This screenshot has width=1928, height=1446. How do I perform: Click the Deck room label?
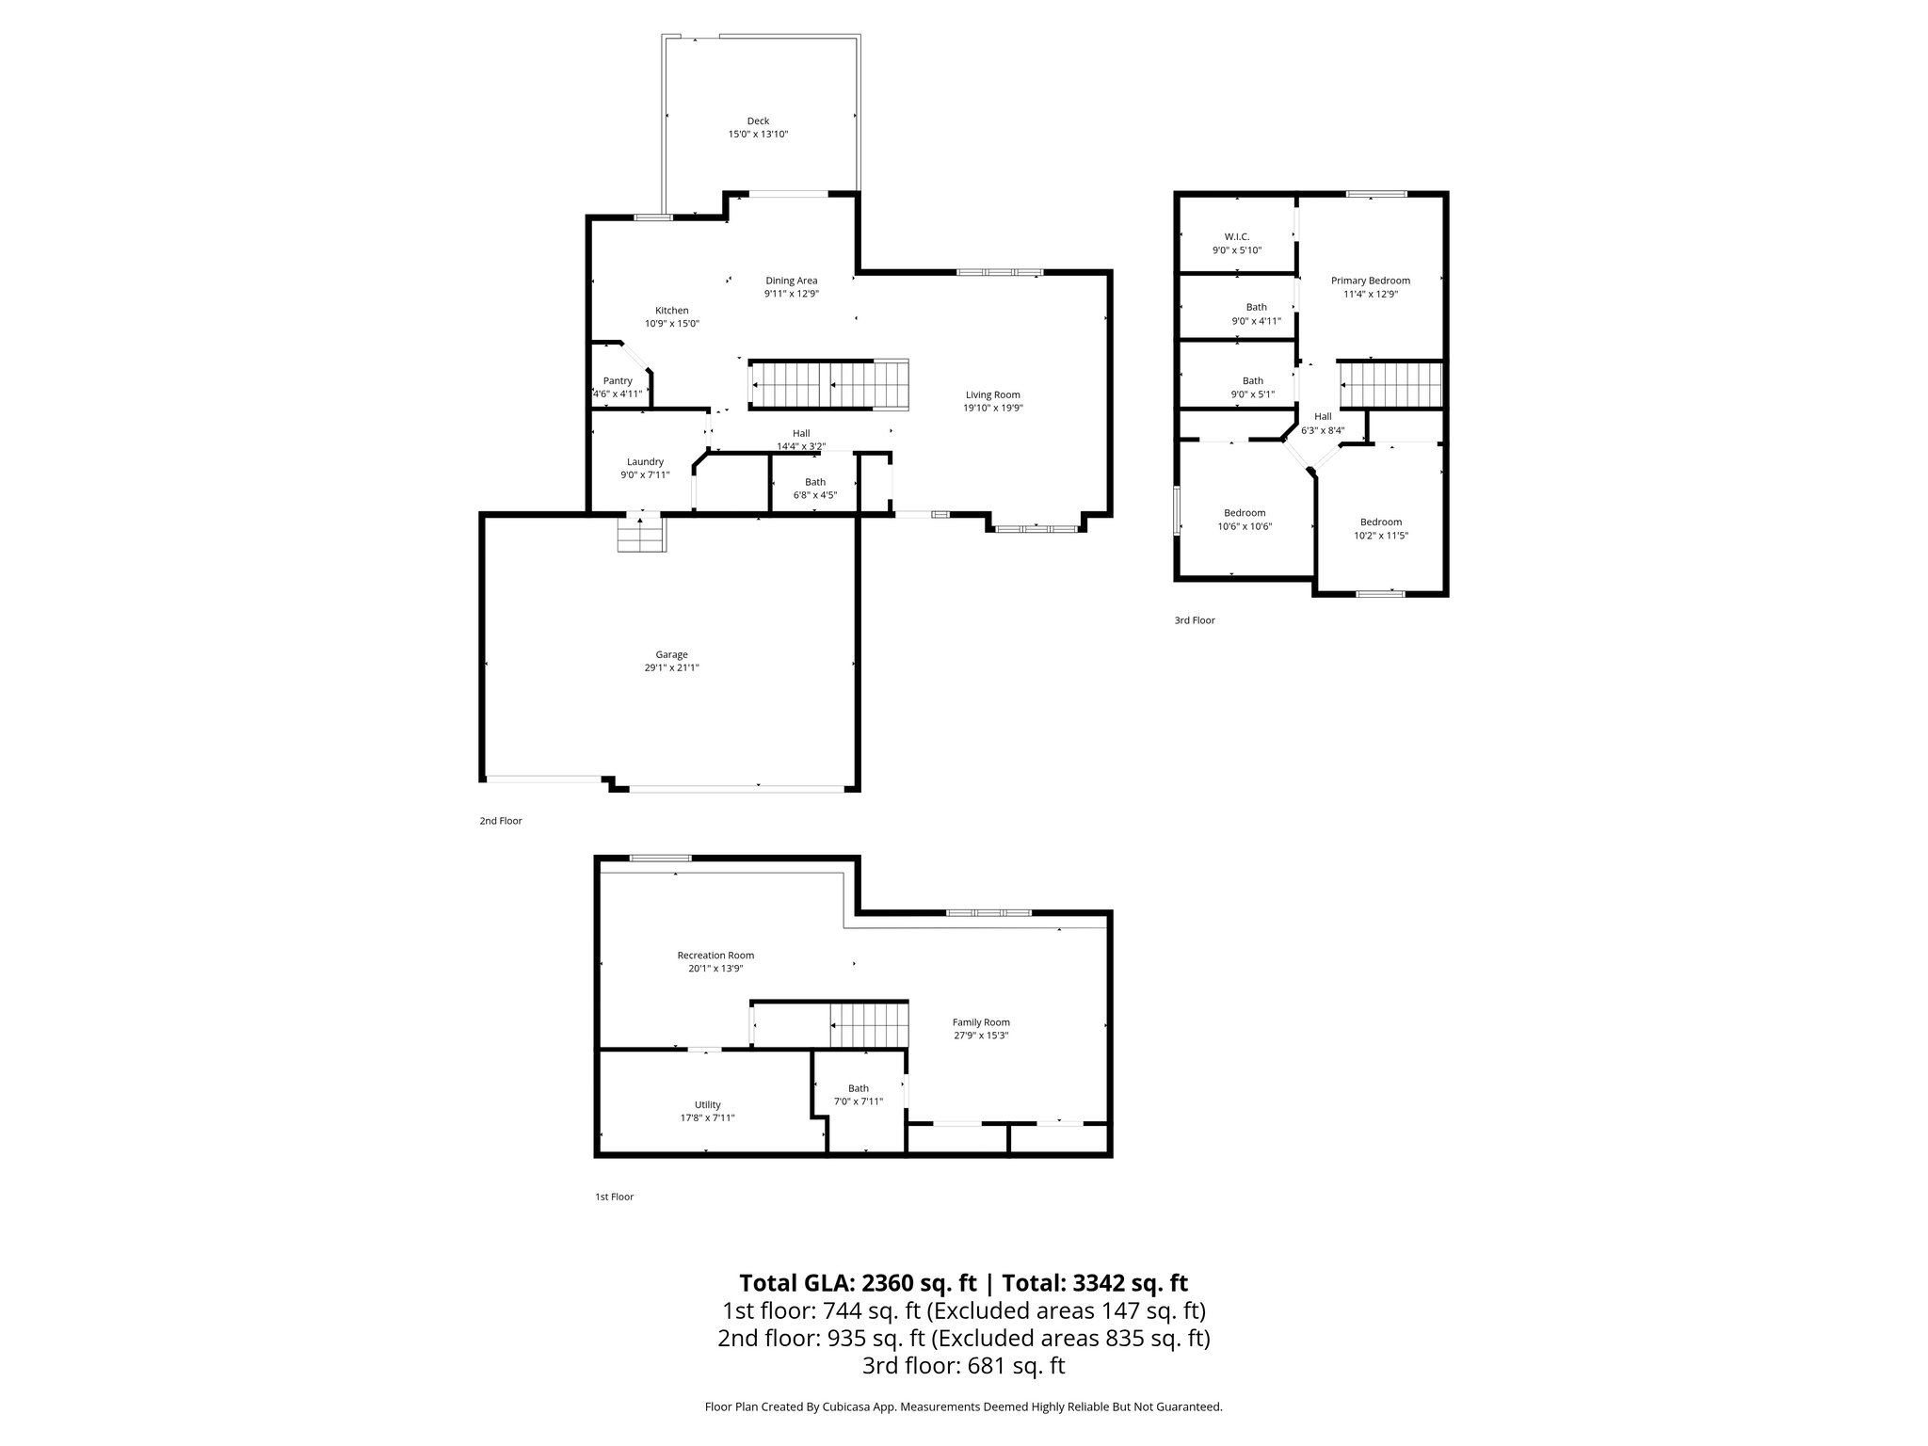pos(758,121)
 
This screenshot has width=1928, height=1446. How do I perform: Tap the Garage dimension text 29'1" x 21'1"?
pos(671,668)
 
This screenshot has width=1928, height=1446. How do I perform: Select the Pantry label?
pos(618,381)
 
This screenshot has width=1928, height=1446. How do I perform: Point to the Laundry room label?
pos(645,462)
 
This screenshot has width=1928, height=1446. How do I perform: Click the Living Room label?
pos(992,395)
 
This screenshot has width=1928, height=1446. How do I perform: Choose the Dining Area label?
pos(791,281)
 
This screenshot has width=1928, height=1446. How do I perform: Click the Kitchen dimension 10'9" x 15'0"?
pos(671,324)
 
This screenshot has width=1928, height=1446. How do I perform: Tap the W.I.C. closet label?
pos(1236,237)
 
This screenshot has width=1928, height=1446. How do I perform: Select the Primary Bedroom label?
pos(1370,281)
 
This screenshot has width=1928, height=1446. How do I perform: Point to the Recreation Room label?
pos(715,956)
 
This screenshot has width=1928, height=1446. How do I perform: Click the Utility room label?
pos(707,1105)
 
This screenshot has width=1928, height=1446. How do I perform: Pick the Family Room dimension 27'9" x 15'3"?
pos(981,1036)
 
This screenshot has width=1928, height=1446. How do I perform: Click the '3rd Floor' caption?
pos(1195,621)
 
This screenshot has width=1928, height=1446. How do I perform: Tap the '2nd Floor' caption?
pos(501,821)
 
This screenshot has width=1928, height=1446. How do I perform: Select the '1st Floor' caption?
pos(614,1197)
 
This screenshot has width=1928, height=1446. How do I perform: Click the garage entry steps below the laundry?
pos(641,538)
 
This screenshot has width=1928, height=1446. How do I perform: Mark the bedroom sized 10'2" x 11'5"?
pos(1380,522)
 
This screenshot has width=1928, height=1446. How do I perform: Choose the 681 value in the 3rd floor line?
pos(986,1365)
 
